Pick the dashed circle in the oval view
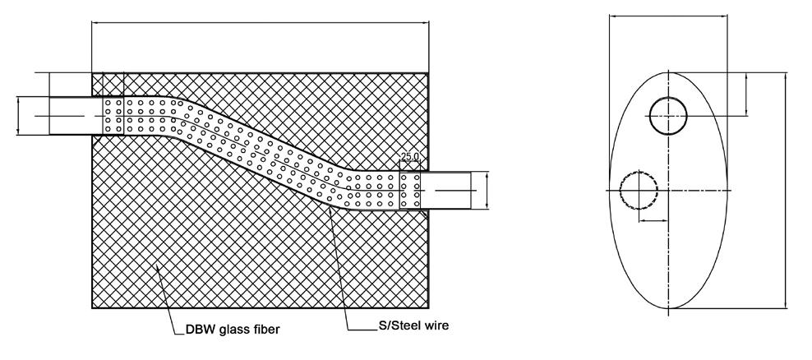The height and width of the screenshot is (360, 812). [x=639, y=191]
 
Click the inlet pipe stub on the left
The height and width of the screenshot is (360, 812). [x=70, y=116]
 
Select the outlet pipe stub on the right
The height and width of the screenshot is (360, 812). [x=447, y=191]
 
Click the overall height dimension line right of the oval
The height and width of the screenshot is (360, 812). [x=787, y=190]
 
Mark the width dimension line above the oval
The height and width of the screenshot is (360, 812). [x=669, y=15]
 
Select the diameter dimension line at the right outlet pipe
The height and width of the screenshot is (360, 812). [x=487, y=191]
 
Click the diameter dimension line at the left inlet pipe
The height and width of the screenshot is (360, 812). [x=18, y=116]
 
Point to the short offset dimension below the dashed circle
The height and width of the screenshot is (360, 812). [x=654, y=220]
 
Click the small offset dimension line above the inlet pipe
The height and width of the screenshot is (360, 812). [x=49, y=84]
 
